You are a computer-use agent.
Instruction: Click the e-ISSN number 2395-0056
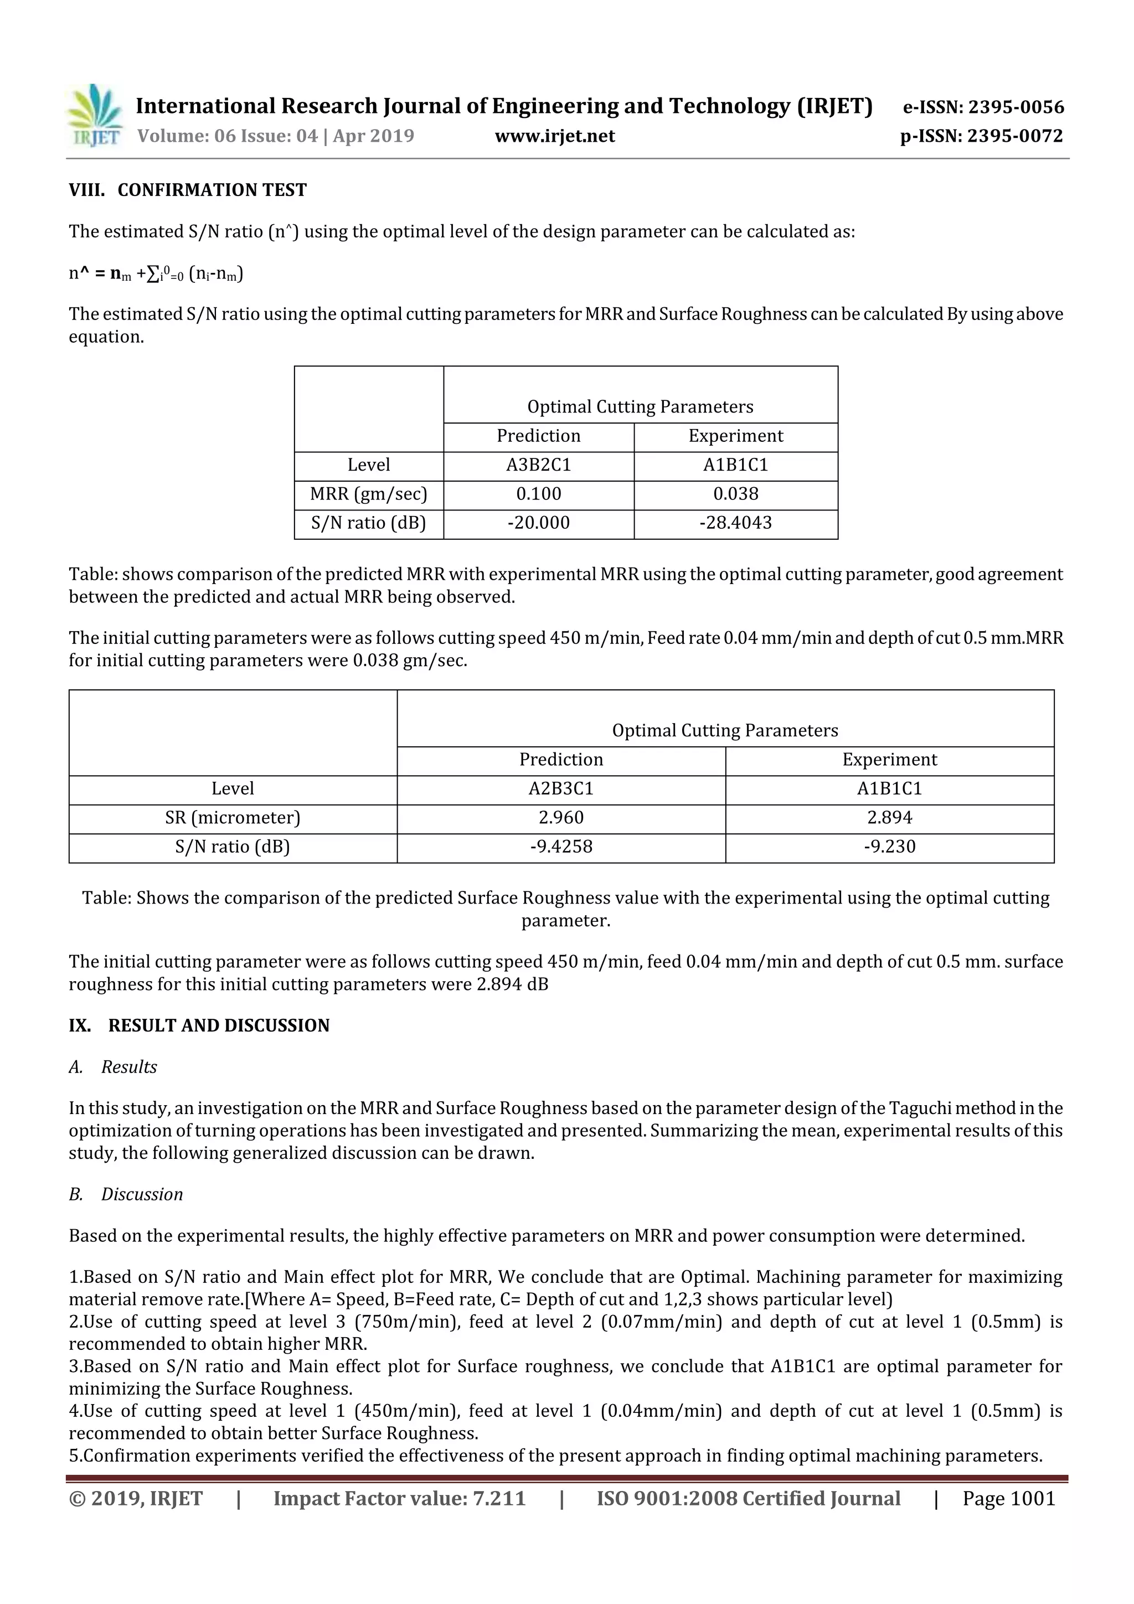click(x=983, y=107)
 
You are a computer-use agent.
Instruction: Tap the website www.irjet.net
click(x=555, y=136)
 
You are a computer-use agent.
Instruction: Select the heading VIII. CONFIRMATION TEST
click(x=187, y=190)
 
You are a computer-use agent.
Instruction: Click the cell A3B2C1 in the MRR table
click(x=539, y=465)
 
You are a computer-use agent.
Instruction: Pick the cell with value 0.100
click(x=539, y=494)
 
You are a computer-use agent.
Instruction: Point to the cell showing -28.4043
click(x=736, y=523)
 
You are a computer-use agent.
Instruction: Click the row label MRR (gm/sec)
click(x=368, y=494)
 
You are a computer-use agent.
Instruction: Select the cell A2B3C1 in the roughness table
click(x=561, y=789)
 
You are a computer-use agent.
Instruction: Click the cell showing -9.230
click(x=889, y=847)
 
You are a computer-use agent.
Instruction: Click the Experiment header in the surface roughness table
click(x=889, y=760)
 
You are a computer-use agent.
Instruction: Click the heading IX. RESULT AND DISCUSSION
click(x=199, y=1025)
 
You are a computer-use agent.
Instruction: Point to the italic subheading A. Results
click(x=113, y=1067)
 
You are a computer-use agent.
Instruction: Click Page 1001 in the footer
click(x=1008, y=1498)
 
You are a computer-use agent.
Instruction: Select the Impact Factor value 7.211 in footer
click(x=399, y=1498)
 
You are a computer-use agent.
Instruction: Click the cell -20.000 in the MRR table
click(x=539, y=523)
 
